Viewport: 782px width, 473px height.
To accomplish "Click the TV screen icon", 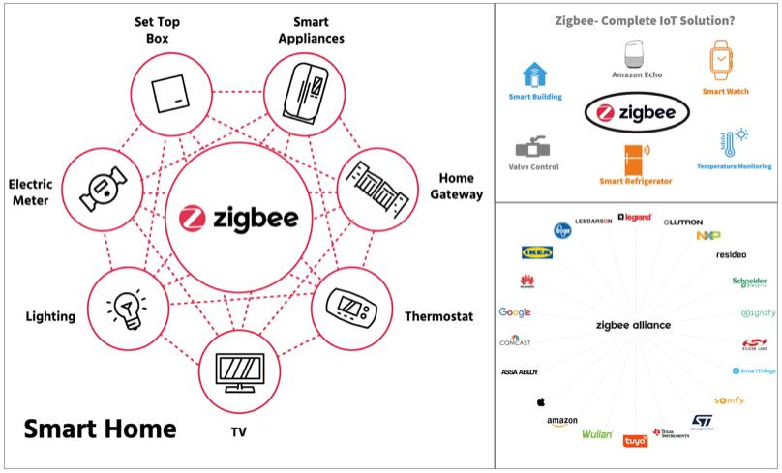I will tap(237, 371).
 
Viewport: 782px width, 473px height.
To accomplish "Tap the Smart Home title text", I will tap(100, 428).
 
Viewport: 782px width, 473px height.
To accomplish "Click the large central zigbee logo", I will tap(237, 215).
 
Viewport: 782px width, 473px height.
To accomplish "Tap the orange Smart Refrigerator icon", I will tap(630, 156).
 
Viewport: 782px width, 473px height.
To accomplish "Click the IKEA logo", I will tap(536, 252).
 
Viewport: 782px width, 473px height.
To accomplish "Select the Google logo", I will tap(515, 312).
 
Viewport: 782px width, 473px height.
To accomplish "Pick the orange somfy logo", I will tap(729, 399).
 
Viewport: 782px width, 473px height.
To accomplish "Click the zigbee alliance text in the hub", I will tap(634, 325).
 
